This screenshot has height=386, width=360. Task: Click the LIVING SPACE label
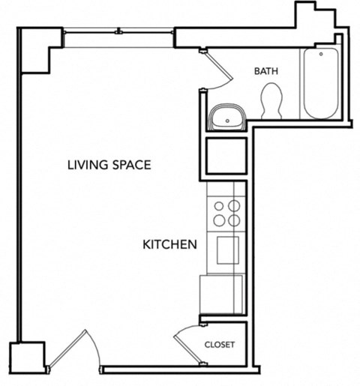(109, 165)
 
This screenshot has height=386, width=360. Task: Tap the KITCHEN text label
(170, 244)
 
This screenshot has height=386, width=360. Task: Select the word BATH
(266, 72)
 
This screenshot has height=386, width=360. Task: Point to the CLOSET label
(220, 345)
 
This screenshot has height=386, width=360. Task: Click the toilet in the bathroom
(271, 100)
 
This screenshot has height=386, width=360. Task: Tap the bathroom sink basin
(227, 117)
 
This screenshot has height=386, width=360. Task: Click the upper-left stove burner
(220, 206)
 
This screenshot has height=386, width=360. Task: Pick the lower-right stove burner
(235, 220)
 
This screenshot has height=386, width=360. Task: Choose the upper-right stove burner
(235, 206)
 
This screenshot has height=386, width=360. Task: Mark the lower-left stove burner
(220, 220)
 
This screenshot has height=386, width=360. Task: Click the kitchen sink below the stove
(227, 250)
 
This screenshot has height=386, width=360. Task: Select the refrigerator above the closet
(222, 293)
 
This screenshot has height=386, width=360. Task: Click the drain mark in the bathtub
(321, 53)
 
